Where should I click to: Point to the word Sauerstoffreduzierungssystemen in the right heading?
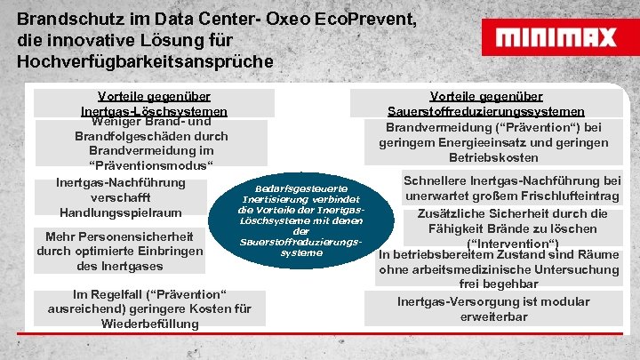coord(485,111)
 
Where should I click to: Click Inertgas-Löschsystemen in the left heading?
coord(154,111)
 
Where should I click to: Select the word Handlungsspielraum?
coord(120,212)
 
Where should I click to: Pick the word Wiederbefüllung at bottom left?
coord(149,324)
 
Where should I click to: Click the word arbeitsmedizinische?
coord(476,269)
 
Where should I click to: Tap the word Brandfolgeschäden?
coord(129,137)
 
